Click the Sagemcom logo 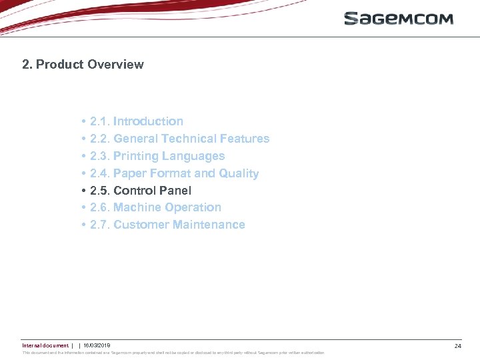[x=398, y=18]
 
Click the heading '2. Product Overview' [x=83, y=65]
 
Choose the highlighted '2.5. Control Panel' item [x=140, y=191]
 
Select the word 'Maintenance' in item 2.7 [x=209, y=225]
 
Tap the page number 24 [x=457, y=346]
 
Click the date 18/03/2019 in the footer [x=97, y=345]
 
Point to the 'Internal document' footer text [x=45, y=345]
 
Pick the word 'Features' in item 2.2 [x=245, y=139]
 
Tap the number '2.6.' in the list [x=100, y=207]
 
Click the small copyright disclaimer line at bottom [x=173, y=353]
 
